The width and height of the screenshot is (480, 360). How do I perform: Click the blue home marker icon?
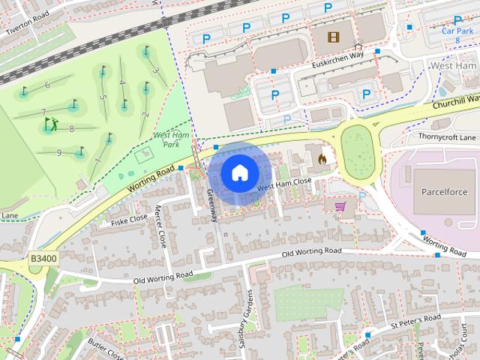point(238,173)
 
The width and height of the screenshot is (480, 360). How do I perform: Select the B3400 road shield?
point(43,258)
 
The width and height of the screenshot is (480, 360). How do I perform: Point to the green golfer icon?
point(51,123)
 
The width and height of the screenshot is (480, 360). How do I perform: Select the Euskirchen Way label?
point(337,64)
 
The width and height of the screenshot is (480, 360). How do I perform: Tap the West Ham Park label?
point(166,139)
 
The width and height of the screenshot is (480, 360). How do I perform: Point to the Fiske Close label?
point(129,220)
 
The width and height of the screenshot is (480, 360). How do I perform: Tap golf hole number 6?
point(47,85)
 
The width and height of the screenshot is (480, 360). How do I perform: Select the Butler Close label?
point(105,347)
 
